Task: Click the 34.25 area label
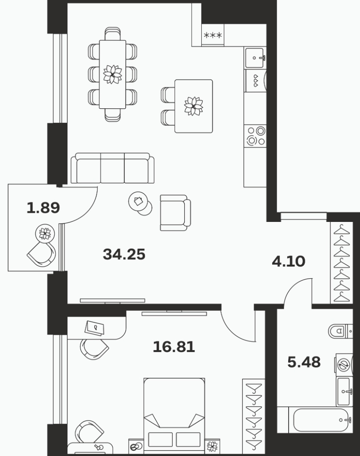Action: (x=124, y=254)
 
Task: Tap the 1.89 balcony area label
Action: (x=43, y=208)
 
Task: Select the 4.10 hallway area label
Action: (x=289, y=261)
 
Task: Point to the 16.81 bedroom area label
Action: (x=174, y=347)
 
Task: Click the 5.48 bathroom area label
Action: (x=304, y=362)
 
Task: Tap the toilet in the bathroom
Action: (x=340, y=331)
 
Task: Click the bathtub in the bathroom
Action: (x=321, y=420)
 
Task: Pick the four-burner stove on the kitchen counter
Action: (x=255, y=136)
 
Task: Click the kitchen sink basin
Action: (x=255, y=58)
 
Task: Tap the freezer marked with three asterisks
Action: (x=213, y=35)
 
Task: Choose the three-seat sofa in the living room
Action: (x=113, y=168)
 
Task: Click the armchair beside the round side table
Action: (x=175, y=213)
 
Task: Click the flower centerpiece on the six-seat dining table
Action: (x=113, y=74)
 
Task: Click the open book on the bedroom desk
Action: (x=95, y=328)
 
